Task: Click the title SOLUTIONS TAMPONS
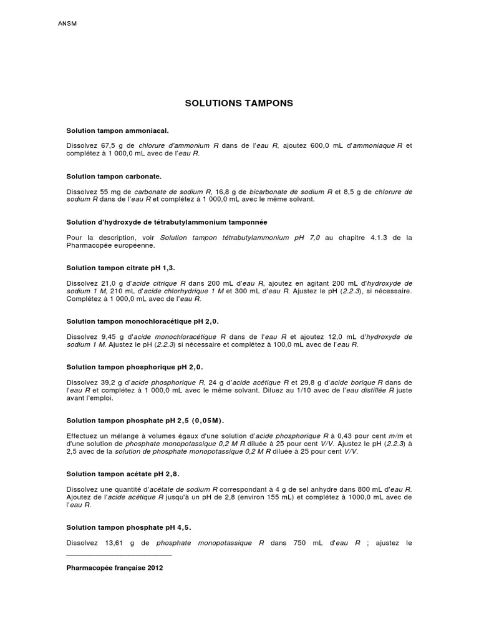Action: (239, 103)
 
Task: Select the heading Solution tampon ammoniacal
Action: (117, 131)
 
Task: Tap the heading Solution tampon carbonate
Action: (114, 177)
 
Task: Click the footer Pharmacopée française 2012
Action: (114, 568)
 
